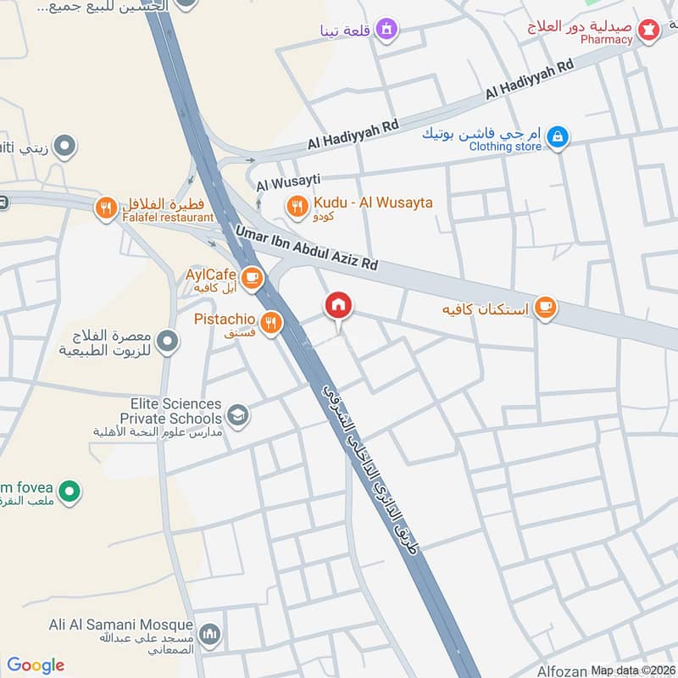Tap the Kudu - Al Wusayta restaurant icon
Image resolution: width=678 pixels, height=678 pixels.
point(297,205)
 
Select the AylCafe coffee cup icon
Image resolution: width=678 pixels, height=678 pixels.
point(252,276)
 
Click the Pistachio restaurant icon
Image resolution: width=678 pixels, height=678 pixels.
point(270,321)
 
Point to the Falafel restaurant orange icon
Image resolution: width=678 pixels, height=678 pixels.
point(106,207)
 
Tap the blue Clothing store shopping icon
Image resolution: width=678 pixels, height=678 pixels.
point(557,136)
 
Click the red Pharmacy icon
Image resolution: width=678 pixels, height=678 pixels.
point(650,31)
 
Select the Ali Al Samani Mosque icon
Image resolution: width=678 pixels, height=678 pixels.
point(211,634)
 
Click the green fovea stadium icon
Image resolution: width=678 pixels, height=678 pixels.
point(72,490)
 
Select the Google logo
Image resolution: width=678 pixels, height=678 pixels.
point(36,665)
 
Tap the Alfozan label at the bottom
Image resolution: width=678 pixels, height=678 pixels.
point(563,670)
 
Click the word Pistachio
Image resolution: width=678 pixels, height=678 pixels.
point(225,320)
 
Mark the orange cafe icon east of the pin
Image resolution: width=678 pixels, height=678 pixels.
point(546,308)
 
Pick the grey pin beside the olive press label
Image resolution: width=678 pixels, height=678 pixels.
point(169,342)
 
